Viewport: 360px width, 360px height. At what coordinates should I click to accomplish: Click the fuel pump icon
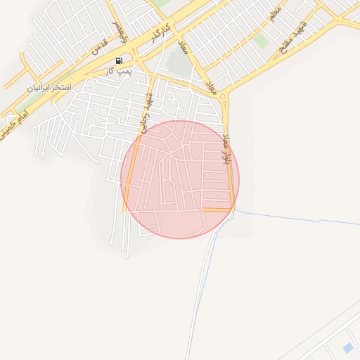point(118,60)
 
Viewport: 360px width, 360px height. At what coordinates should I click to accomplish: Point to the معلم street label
point(275,13)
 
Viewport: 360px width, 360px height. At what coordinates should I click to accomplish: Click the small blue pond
point(347,347)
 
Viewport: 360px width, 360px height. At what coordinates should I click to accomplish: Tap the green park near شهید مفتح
point(262,41)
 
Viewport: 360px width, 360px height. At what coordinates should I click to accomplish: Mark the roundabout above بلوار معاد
point(223,96)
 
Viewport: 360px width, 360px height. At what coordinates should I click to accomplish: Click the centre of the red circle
point(180,179)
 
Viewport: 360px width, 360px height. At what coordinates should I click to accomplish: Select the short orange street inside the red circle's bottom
point(217,210)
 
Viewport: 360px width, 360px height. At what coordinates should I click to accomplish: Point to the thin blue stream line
point(302,217)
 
